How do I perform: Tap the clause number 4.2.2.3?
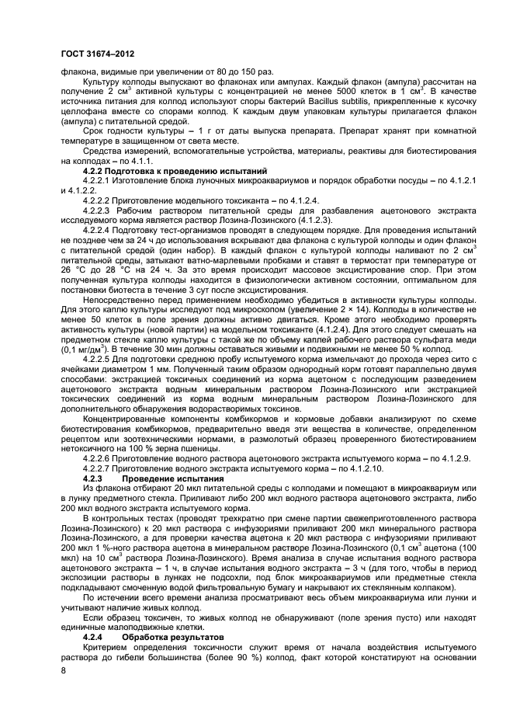click(x=99, y=210)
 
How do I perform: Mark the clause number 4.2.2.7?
click(x=99, y=468)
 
